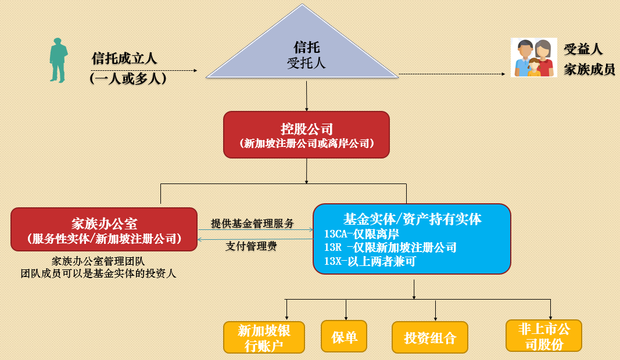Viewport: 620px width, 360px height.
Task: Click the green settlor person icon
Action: pos(58,60)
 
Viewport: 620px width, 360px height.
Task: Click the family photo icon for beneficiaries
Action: pos(530,57)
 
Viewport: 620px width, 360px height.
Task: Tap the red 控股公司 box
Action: pos(306,135)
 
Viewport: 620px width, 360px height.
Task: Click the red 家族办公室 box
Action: pos(104,229)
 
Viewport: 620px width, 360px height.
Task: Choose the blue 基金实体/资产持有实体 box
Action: pos(411,238)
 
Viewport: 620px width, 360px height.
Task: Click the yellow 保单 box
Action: pos(344,336)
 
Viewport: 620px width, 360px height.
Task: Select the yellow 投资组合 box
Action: pos(430,337)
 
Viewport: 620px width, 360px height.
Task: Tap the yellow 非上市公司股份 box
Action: pos(544,336)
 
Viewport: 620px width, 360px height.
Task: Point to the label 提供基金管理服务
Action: pos(252,224)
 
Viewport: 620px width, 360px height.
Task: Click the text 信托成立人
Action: pos(124,59)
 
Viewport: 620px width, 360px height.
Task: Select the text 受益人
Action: pos(583,49)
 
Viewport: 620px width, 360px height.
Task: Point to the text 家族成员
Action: pos(589,70)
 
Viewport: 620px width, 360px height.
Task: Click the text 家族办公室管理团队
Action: pos(98,260)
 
